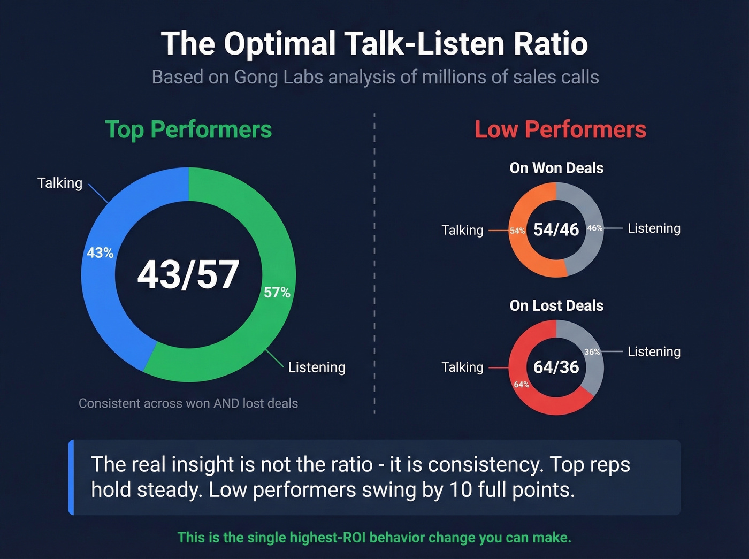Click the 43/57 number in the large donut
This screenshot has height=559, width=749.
tap(188, 275)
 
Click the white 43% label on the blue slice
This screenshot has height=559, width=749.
tap(100, 253)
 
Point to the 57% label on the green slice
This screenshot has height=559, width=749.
tap(277, 293)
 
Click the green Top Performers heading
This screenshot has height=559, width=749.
tap(188, 129)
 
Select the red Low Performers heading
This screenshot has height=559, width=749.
tap(560, 129)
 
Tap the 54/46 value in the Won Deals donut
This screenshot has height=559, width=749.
tap(556, 229)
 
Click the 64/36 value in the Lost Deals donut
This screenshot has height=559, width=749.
tap(556, 367)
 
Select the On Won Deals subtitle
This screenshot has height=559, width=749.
tap(556, 168)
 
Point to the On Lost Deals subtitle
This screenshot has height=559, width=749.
tap(556, 305)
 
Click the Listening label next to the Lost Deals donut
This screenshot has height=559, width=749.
tap(654, 351)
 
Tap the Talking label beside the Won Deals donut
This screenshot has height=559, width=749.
tap(462, 230)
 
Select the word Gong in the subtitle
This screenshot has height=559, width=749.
tap(256, 77)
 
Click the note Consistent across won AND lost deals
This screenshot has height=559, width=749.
tap(188, 403)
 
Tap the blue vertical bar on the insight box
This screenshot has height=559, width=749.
tap(71, 477)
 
